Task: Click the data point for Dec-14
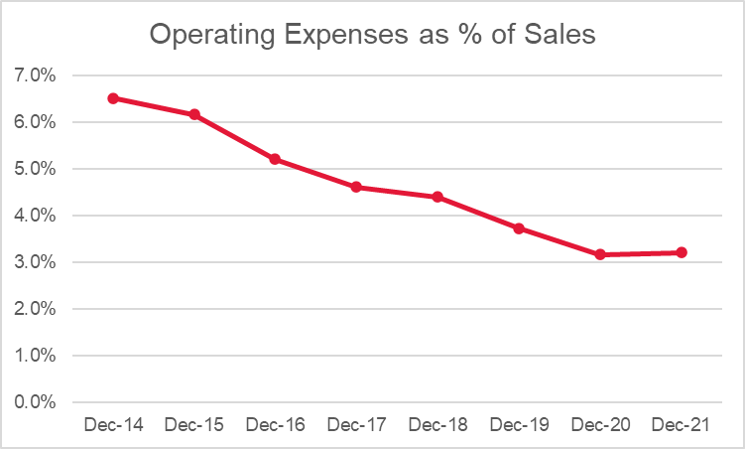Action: coord(113,98)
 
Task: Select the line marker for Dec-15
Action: coord(194,114)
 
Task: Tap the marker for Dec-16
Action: coord(275,159)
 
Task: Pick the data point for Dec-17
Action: coord(356,187)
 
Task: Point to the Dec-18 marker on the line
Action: coord(437,197)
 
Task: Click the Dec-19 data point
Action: coord(519,228)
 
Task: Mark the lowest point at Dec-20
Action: coord(600,254)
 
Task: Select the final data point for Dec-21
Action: coord(682,252)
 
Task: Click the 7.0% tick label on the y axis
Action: coord(36,75)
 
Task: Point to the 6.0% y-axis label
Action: coord(36,122)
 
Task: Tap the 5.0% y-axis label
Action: coord(36,169)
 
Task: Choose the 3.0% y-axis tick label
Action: coord(36,262)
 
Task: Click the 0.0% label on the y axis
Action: coord(36,402)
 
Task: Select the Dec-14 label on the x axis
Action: coord(113,425)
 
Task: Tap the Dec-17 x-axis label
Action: coord(356,425)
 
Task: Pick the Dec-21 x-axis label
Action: coord(682,425)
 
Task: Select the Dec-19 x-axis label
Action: coord(519,425)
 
